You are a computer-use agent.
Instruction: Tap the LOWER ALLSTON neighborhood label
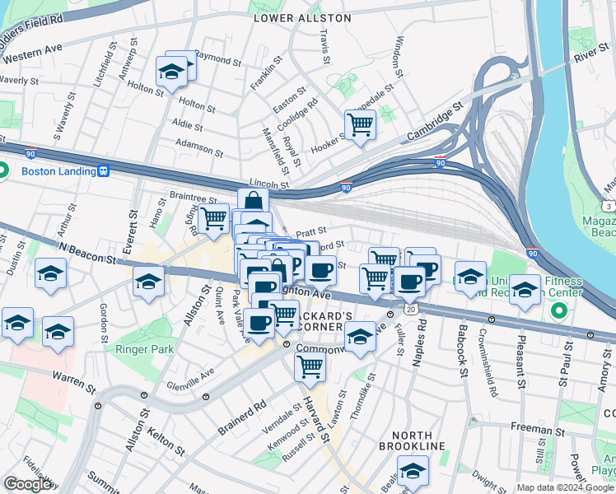(x=302, y=17)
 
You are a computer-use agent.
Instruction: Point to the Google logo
(x=27, y=484)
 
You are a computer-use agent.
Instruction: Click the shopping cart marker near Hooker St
(x=360, y=125)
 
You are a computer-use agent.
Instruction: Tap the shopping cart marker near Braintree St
(x=214, y=218)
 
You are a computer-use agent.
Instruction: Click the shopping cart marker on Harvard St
(x=310, y=366)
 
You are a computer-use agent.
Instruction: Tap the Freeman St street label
(x=535, y=427)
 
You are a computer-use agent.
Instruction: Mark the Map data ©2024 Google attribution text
(x=565, y=487)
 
